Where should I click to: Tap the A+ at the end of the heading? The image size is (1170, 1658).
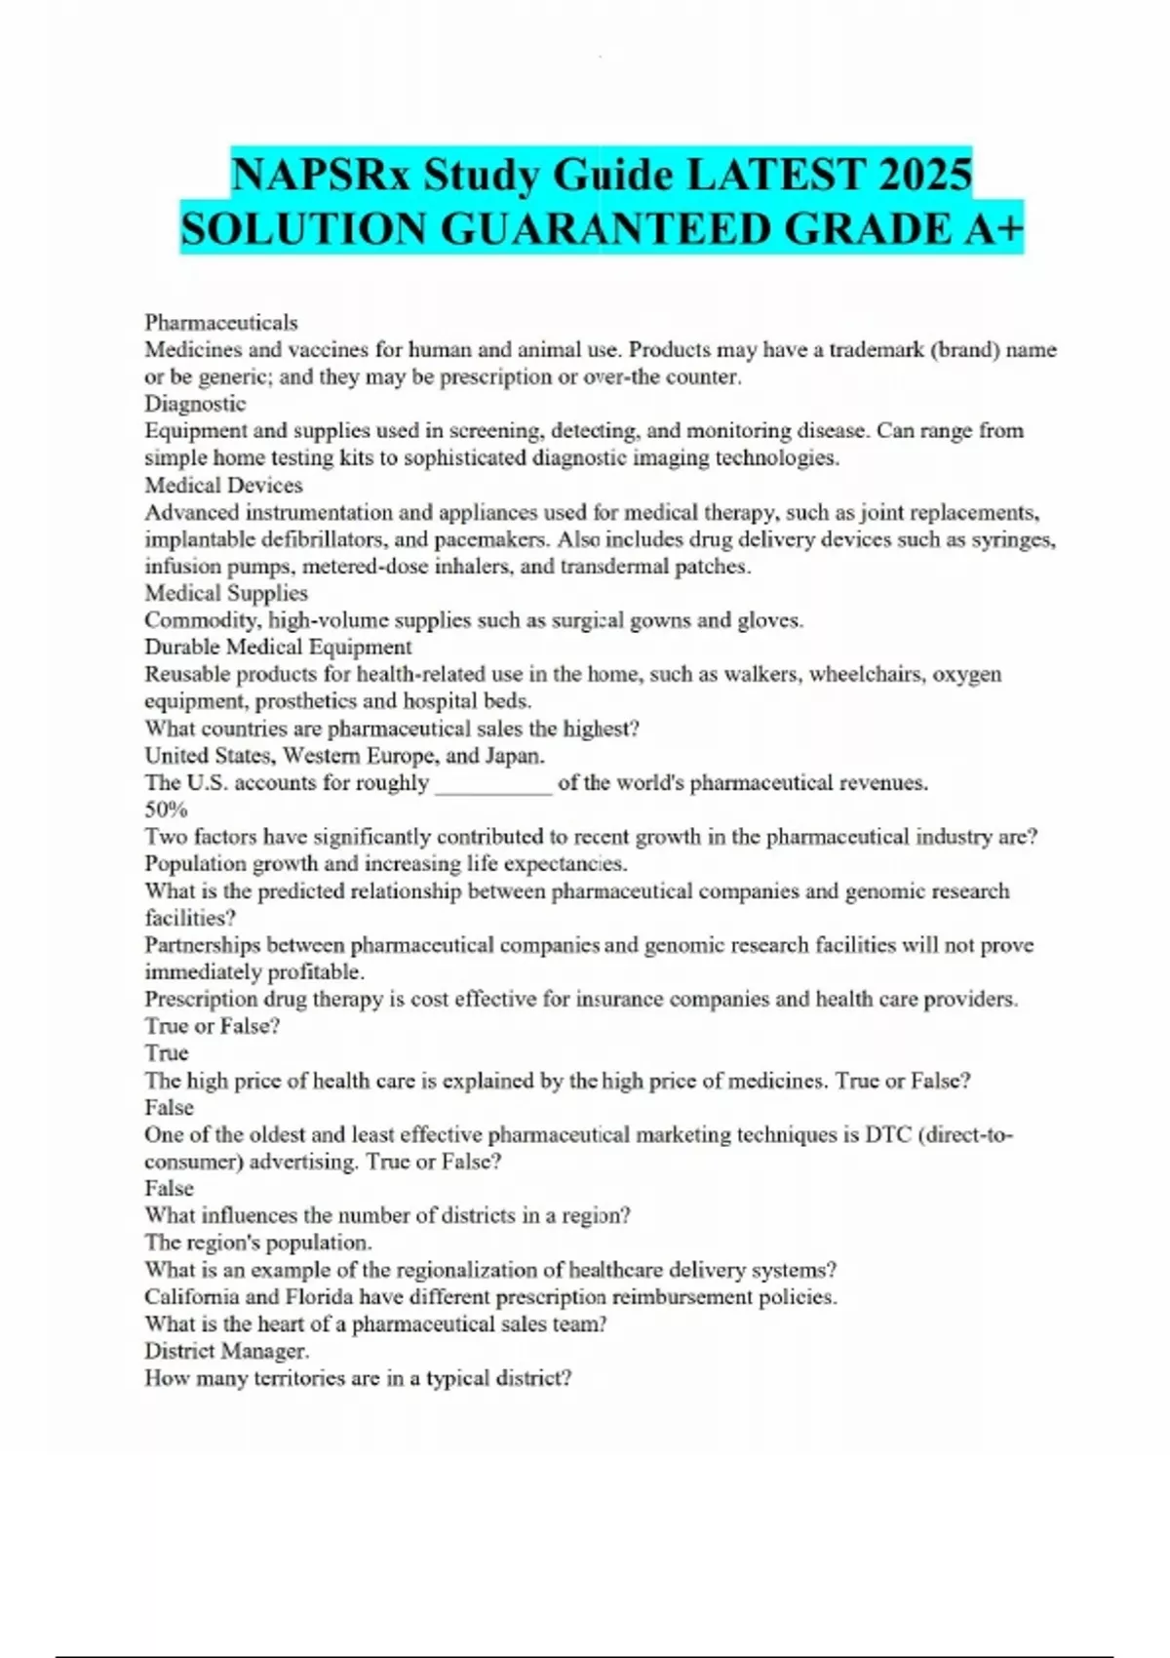click(x=993, y=229)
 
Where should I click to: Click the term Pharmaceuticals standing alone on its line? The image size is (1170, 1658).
click(x=221, y=322)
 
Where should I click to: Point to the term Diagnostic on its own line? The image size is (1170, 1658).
click(x=195, y=403)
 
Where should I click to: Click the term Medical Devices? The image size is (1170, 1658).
click(x=223, y=485)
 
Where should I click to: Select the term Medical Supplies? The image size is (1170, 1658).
click(x=226, y=593)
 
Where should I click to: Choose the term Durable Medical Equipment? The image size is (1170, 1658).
click(x=278, y=647)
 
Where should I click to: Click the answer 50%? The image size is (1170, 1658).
click(x=166, y=809)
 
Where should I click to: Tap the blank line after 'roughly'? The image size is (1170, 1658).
click(x=493, y=783)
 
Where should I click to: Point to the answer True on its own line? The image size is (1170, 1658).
click(x=167, y=1053)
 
